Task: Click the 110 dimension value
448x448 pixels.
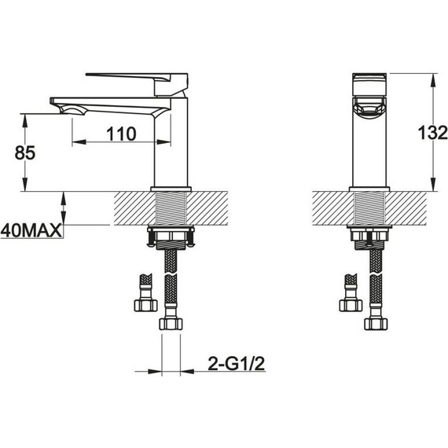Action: [121, 134]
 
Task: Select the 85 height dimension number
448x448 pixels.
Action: [25, 152]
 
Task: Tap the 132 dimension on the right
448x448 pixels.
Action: [432, 133]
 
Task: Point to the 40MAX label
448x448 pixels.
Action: [31, 230]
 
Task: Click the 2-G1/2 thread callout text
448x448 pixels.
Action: [237, 364]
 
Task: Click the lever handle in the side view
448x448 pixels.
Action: [137, 83]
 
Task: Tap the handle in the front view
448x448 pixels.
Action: [369, 84]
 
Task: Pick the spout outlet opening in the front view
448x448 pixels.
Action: [369, 108]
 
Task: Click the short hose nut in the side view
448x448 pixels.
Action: [145, 305]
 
